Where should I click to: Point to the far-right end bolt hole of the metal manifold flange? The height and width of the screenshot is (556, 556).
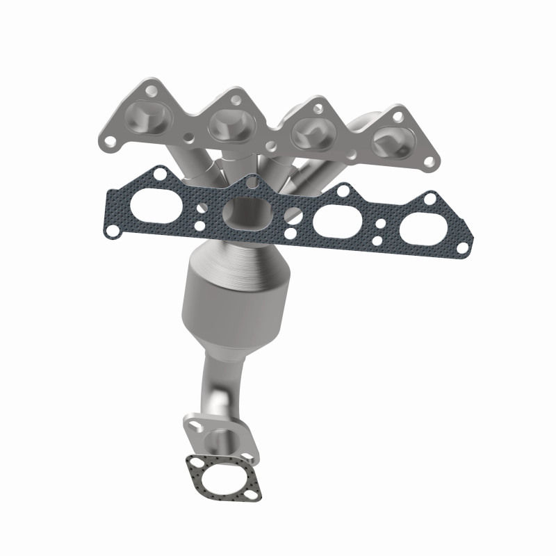click(x=429, y=162)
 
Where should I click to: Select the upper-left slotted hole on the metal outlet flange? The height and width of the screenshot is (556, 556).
click(x=191, y=421)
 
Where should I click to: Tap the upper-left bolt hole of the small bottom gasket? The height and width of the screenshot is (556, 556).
click(x=193, y=461)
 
